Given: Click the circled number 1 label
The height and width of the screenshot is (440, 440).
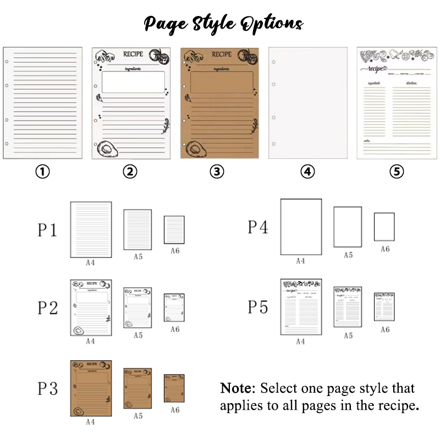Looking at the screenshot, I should coord(42,172).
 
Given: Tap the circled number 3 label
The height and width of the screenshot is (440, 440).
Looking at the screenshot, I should coord(217,172).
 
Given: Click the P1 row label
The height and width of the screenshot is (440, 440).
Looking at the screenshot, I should coord(47,230).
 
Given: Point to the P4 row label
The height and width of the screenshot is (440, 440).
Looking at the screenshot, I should coord(257,227).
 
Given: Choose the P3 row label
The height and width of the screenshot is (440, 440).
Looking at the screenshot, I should coord(47,389).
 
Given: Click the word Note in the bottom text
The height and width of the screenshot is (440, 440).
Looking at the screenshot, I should coord(237,388).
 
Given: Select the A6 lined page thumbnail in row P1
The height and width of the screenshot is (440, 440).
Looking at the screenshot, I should coord(174,229).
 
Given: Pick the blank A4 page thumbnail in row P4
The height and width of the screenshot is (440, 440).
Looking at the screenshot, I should coord(301,227).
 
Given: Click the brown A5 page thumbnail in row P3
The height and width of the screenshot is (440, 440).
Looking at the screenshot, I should coord(137,388).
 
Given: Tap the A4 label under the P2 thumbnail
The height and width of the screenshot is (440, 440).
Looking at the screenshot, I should coord(90,341).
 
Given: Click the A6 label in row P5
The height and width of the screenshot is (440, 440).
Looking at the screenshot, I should coord(384,329).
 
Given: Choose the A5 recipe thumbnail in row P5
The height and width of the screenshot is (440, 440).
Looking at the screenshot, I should coord(348,307).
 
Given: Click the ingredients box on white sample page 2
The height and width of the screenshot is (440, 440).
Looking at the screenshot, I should coord(134,82).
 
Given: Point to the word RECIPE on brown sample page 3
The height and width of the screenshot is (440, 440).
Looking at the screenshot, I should coord(222,54).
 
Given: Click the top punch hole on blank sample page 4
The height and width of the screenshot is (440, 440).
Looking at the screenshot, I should coord(273,62).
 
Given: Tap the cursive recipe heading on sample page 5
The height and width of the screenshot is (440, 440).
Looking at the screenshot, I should coord(373,70).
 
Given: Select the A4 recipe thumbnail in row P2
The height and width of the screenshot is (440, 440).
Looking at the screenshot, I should coord(91,307).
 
